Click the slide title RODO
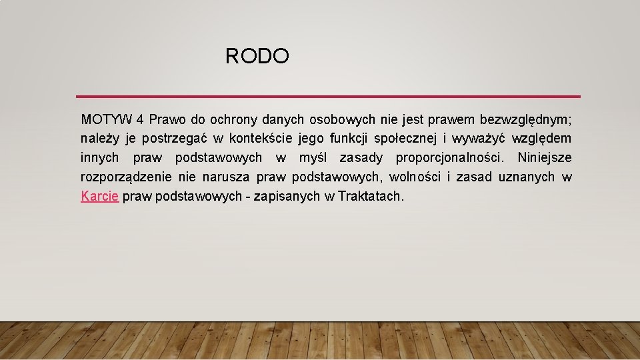(x=257, y=56)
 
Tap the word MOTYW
(x=107, y=120)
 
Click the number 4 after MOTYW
(x=140, y=120)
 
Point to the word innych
(x=100, y=158)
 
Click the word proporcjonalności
(x=451, y=158)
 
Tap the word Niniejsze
(x=544, y=158)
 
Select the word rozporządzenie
(x=127, y=177)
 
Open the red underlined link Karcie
(x=100, y=196)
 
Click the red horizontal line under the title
(x=328, y=97)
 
